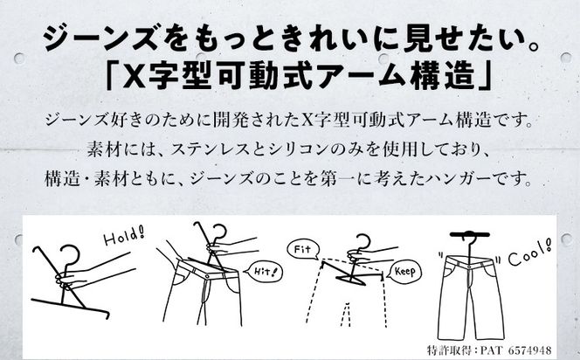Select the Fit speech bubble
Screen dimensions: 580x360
tap(302, 250)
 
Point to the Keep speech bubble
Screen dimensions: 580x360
tap(406, 273)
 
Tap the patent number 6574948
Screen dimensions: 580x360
tap(529, 350)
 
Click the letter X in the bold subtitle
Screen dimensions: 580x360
tap(134, 77)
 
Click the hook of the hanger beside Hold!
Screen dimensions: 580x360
tap(70, 255)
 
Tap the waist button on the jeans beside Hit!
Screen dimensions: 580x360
tap(209, 274)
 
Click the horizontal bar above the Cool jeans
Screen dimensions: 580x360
tap(470, 234)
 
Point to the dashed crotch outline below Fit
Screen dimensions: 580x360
tap(346, 314)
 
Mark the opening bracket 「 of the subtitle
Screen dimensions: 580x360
tap(110, 76)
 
